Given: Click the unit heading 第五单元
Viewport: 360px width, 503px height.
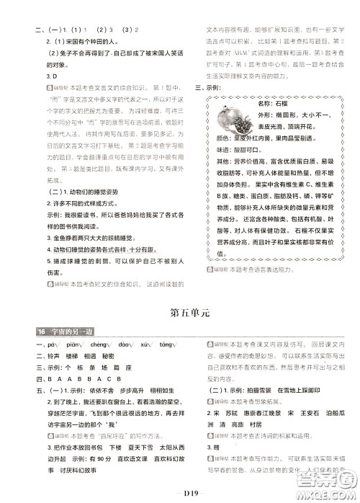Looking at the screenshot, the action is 179,293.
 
